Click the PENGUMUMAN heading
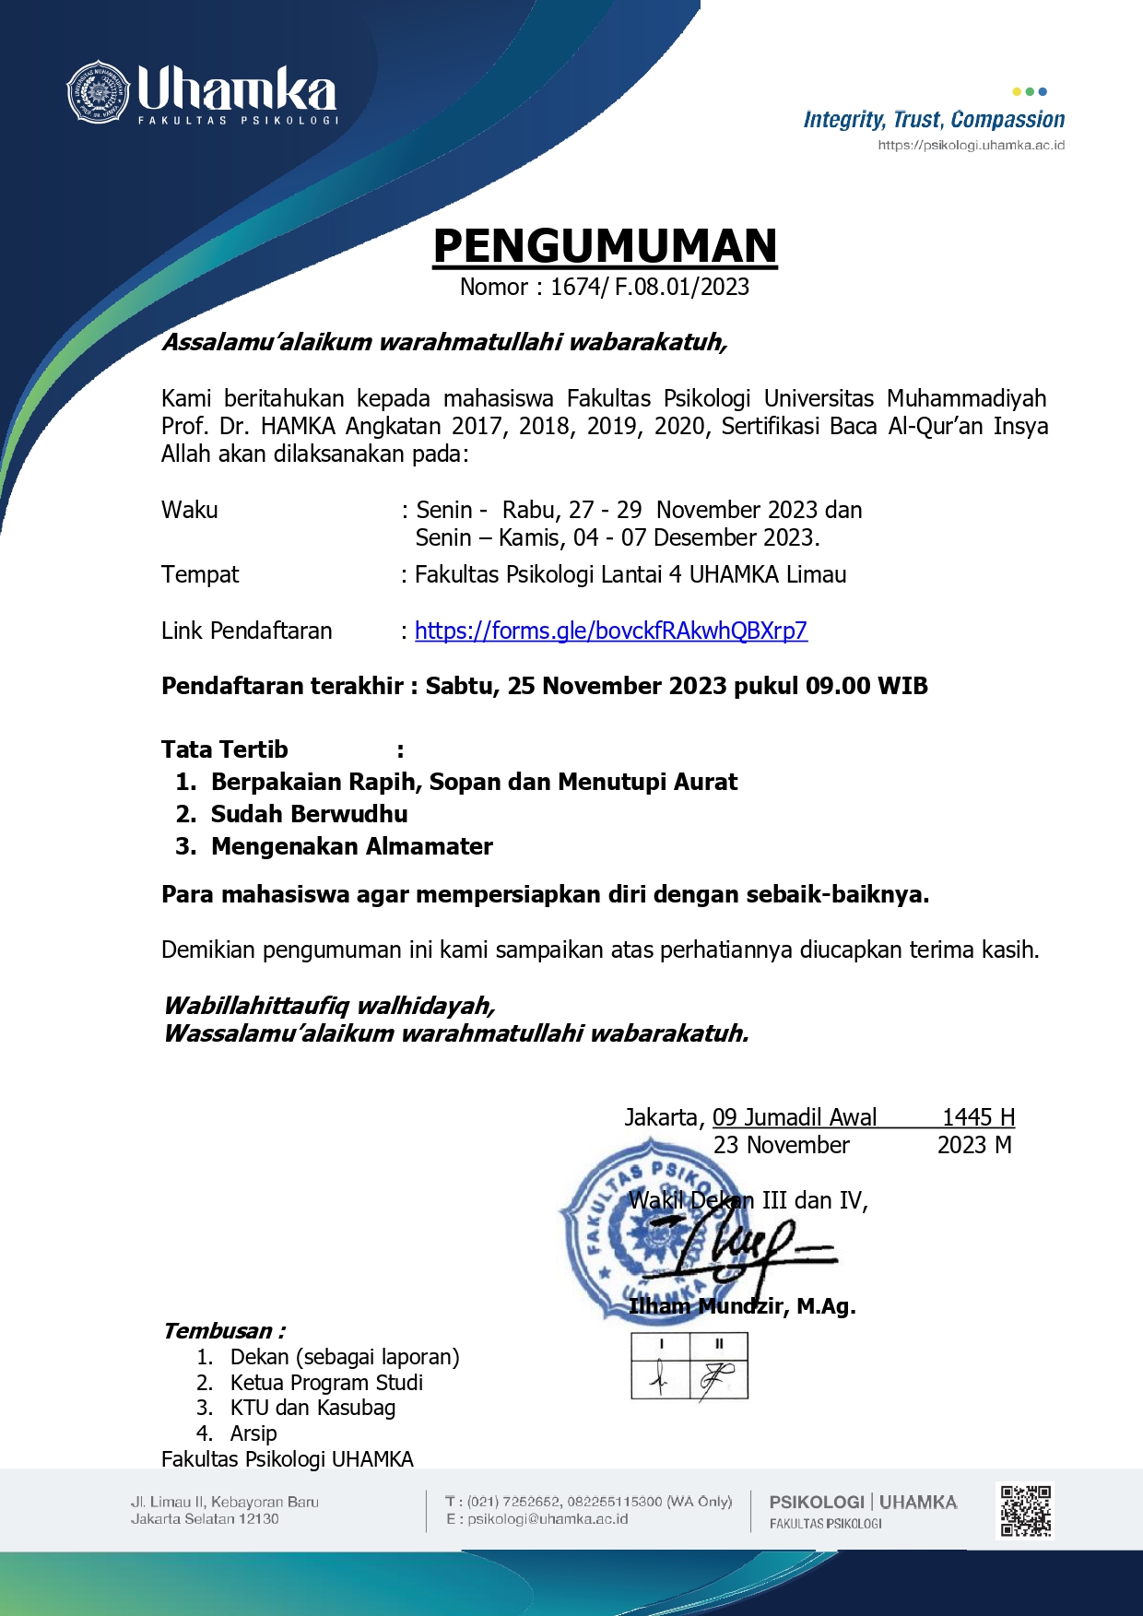point(605,246)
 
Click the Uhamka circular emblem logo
point(97,92)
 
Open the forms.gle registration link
point(610,631)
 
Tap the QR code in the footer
point(1025,1510)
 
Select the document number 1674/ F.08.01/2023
point(649,288)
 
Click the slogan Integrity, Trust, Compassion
point(934,120)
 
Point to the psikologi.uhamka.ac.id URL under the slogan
point(971,146)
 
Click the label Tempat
point(200,575)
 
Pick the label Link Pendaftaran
point(246,631)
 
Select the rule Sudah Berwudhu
point(309,814)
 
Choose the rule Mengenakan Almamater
point(351,846)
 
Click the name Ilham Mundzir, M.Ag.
point(741,1306)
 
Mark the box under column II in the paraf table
point(718,1377)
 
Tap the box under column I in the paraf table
point(660,1377)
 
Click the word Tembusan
point(218,1331)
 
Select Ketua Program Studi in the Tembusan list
point(326,1383)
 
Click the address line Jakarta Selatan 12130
point(205,1519)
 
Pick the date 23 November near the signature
point(781,1145)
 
